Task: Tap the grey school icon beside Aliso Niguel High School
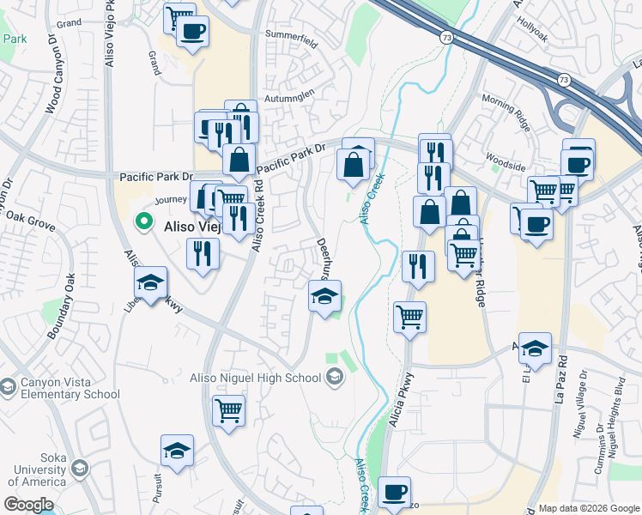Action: coord(334,377)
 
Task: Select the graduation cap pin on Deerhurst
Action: coord(325,297)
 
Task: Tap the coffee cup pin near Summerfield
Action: coord(192,32)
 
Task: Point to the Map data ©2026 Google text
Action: coord(589,507)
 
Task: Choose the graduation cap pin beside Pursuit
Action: coord(177,451)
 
